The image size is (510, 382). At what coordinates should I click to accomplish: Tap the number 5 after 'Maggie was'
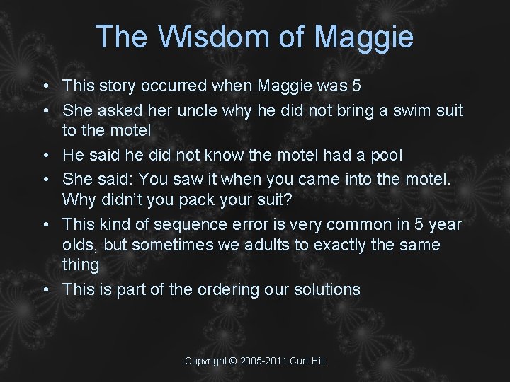[x=356, y=86]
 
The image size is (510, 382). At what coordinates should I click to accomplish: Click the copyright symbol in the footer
[x=233, y=361]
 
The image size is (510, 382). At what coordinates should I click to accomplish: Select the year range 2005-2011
[x=263, y=361]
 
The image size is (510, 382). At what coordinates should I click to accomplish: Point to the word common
[x=363, y=225]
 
